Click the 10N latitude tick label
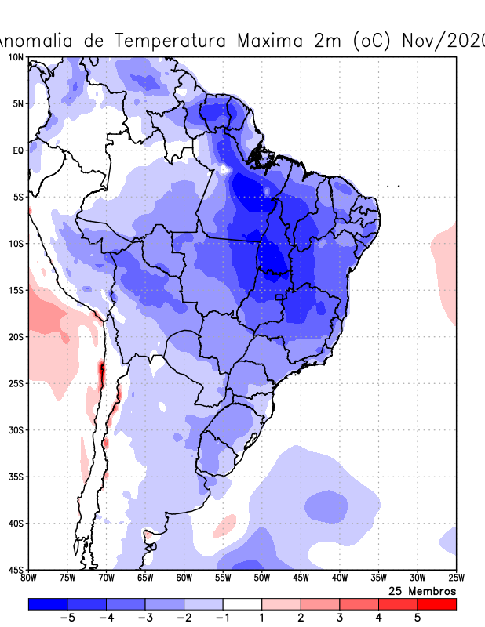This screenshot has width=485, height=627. click(x=16, y=57)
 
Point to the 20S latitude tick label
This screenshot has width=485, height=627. click(x=16, y=337)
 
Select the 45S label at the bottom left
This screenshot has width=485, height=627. click(x=16, y=569)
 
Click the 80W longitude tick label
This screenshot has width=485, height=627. click(x=28, y=578)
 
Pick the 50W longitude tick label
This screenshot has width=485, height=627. click(x=261, y=578)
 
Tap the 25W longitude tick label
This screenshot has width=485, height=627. click(x=455, y=578)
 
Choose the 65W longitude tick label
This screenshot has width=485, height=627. click(x=144, y=578)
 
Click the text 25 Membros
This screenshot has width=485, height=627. click(x=422, y=590)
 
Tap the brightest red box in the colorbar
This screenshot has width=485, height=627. click(x=436, y=603)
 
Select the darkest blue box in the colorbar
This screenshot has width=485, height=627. click(x=47, y=603)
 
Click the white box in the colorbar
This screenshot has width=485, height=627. click(x=242, y=603)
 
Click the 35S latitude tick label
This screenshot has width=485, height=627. click(x=16, y=477)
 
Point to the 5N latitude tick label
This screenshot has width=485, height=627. click(x=17, y=103)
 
